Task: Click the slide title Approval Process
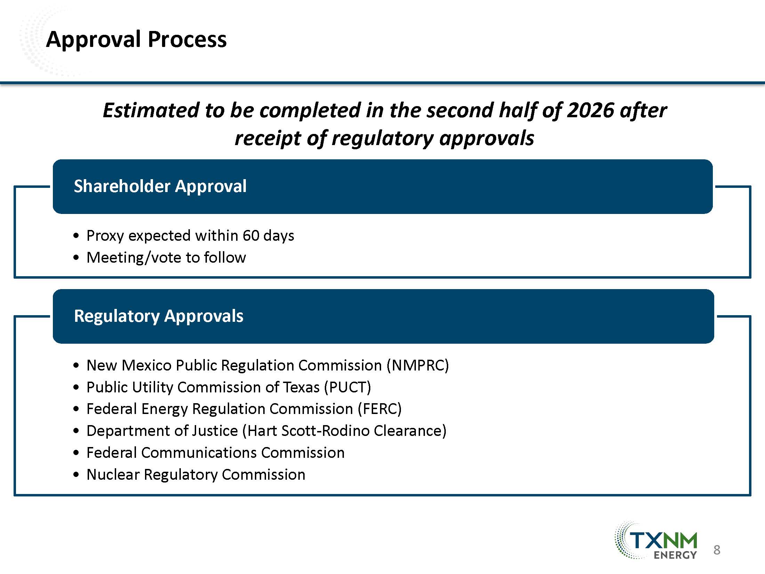[x=136, y=40]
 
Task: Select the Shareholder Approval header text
[x=160, y=186]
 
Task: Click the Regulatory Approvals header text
[x=159, y=316]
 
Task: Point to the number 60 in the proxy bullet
[x=251, y=236]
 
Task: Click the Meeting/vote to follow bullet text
[x=166, y=258]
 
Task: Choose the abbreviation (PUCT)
[x=347, y=388]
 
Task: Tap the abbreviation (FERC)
[x=380, y=409]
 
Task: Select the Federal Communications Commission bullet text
[x=216, y=453]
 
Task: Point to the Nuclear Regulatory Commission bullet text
[x=196, y=475]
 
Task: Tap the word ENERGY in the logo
[x=675, y=555]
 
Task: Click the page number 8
[x=717, y=550]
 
